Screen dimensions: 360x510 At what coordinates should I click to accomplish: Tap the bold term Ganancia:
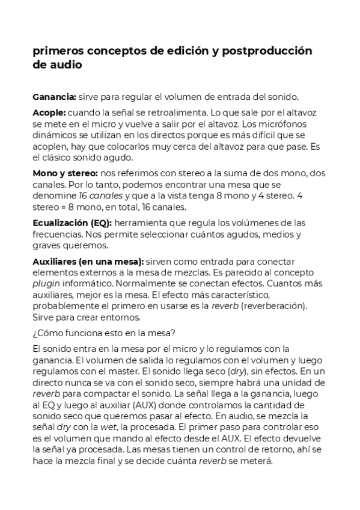coord(54,96)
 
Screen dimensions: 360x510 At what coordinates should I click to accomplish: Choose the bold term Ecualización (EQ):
coord(72,223)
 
